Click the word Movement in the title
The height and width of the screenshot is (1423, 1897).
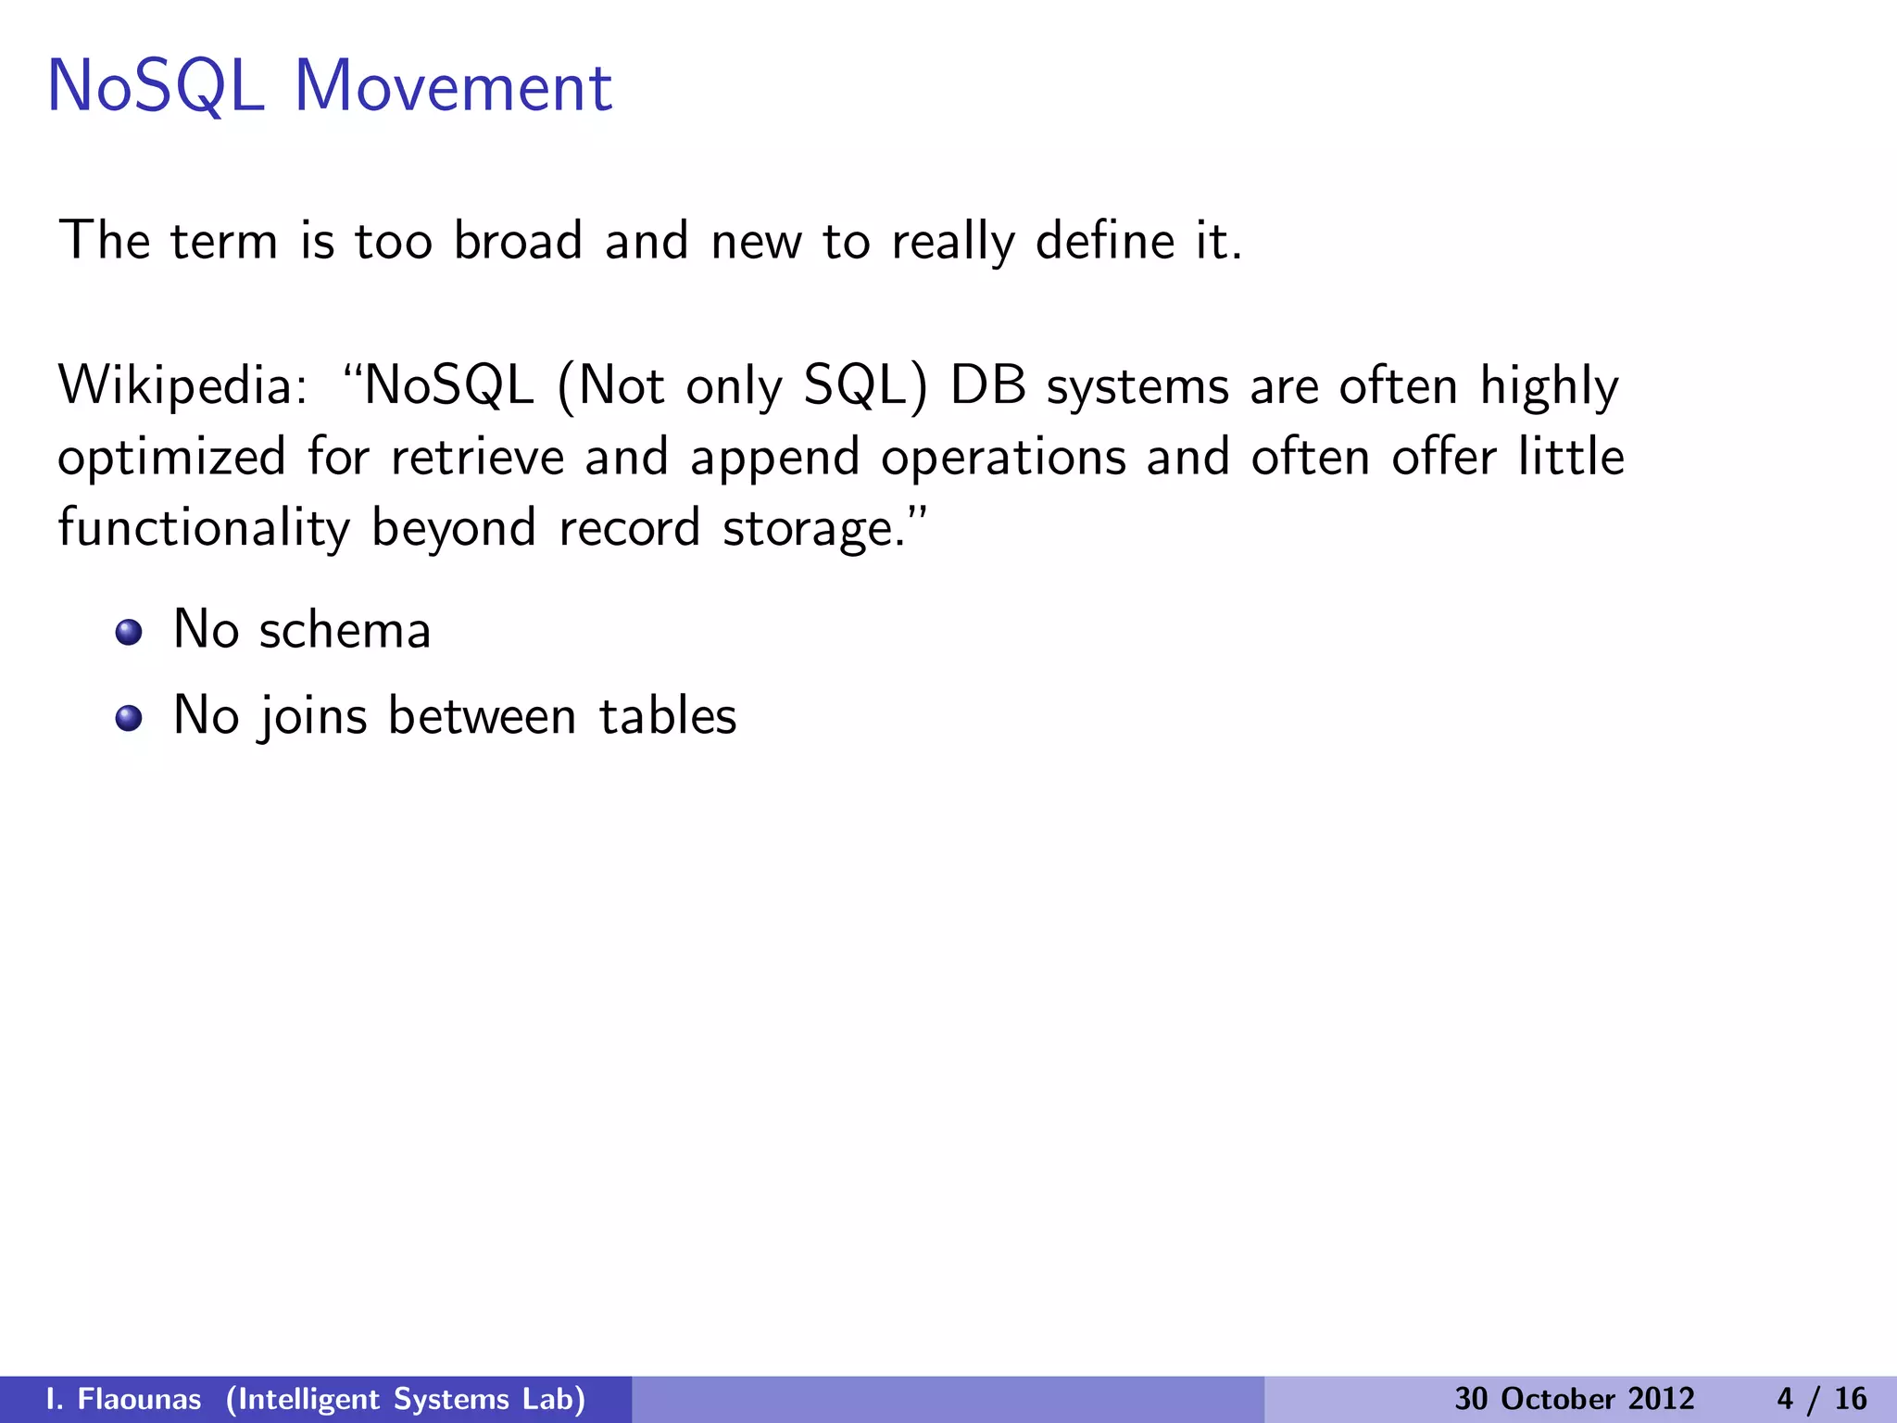click(453, 87)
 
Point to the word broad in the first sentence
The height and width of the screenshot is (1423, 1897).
click(518, 241)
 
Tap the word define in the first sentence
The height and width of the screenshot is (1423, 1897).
click(1105, 241)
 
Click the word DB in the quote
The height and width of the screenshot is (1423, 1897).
click(988, 385)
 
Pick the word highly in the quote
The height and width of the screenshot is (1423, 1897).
click(1549, 387)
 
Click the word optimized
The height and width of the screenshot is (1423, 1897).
click(171, 458)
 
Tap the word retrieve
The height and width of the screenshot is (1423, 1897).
click(477, 458)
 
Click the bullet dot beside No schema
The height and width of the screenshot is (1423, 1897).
click(129, 633)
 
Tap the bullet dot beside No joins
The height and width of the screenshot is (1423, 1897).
click(129, 718)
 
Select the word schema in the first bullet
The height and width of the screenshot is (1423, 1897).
click(345, 631)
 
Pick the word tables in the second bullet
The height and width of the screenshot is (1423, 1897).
click(668, 716)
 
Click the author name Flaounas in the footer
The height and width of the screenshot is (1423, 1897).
click(139, 1399)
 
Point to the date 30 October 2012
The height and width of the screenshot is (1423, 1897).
click(1574, 1399)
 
